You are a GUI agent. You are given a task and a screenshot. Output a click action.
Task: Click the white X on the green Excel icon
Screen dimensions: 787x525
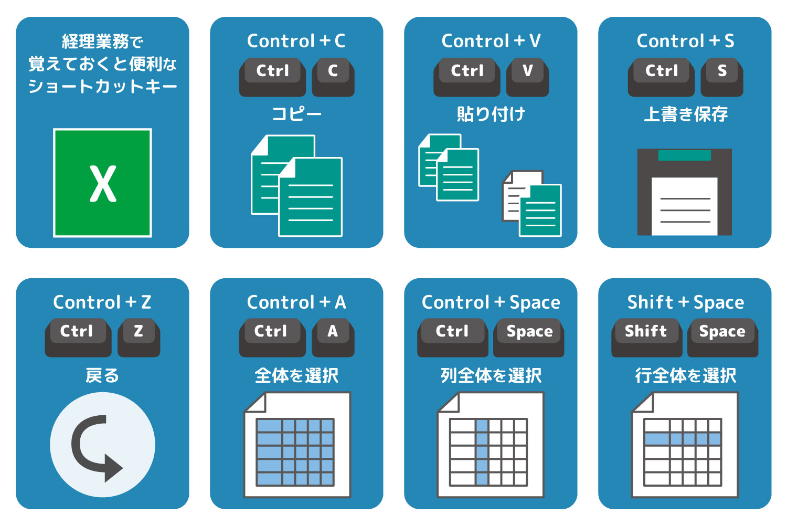[x=103, y=184]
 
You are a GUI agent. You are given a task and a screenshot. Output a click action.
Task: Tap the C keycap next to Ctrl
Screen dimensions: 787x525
[x=333, y=77]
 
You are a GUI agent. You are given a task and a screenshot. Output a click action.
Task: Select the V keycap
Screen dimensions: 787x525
[x=527, y=77]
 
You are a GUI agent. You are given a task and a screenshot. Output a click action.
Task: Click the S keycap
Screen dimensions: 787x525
[x=721, y=77]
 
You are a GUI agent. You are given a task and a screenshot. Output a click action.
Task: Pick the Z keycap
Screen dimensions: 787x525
[x=139, y=338]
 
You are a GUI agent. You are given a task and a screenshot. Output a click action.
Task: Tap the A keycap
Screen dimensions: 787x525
[x=333, y=338]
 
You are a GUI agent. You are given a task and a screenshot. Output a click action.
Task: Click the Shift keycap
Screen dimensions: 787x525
[x=646, y=338]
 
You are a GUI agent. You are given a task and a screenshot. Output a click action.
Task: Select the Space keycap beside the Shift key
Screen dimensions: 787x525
[x=722, y=338]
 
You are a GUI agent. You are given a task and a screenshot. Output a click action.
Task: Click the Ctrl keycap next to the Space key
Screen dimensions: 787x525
[x=452, y=338]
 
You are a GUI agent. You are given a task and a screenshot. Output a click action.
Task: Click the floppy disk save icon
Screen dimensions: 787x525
[x=684, y=192]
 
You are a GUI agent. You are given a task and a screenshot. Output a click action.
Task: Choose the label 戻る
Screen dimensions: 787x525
[x=102, y=375]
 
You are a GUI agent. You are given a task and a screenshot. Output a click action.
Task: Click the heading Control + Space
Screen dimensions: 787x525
[x=491, y=302]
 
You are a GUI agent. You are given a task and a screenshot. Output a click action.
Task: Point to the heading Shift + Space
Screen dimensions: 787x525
[x=685, y=302]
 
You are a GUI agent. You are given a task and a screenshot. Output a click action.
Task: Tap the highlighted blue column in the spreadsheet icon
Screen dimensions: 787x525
[x=482, y=452]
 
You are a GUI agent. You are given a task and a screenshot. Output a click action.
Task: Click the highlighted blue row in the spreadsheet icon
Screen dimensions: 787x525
[x=683, y=439]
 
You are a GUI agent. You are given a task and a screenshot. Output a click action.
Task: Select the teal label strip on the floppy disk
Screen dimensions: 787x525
[x=684, y=155]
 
